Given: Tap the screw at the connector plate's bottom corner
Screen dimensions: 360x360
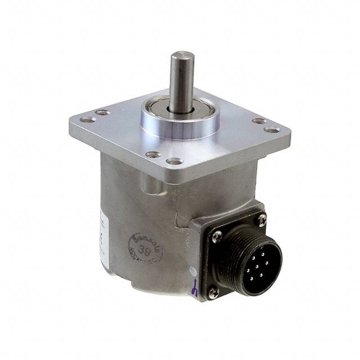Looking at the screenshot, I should (213, 291).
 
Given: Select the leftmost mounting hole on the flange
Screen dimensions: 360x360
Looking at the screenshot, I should (87, 119).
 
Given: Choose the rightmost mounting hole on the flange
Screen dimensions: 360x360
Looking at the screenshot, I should (272, 130).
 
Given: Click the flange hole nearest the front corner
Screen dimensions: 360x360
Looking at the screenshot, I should (174, 161).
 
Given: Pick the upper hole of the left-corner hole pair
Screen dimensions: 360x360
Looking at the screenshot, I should (102, 112).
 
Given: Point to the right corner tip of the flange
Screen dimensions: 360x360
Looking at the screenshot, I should (290, 136).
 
